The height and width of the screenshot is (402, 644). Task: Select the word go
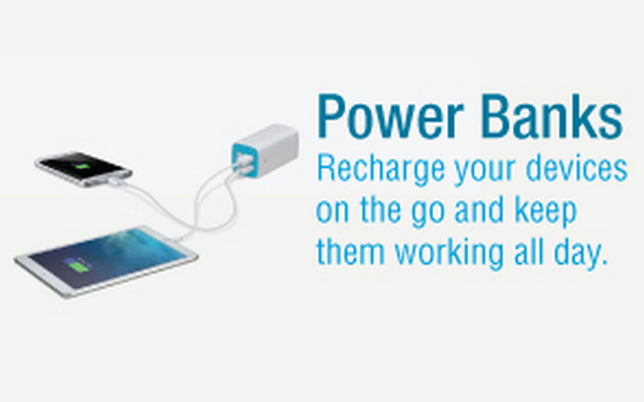tap(428, 214)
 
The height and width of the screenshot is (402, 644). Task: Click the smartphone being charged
tap(84, 169)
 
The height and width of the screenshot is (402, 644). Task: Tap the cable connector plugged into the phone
tap(116, 181)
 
